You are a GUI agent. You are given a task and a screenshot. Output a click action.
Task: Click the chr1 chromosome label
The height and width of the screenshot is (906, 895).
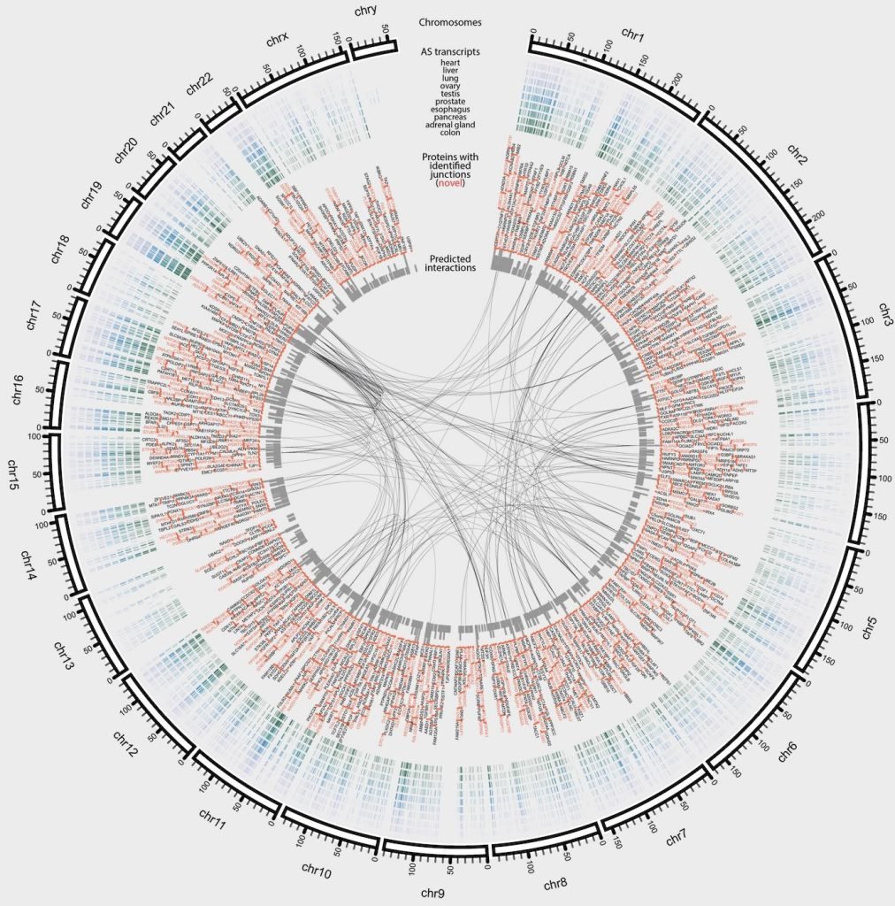[x=633, y=35]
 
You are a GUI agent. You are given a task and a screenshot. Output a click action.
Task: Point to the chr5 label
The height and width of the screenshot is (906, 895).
[x=870, y=630]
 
